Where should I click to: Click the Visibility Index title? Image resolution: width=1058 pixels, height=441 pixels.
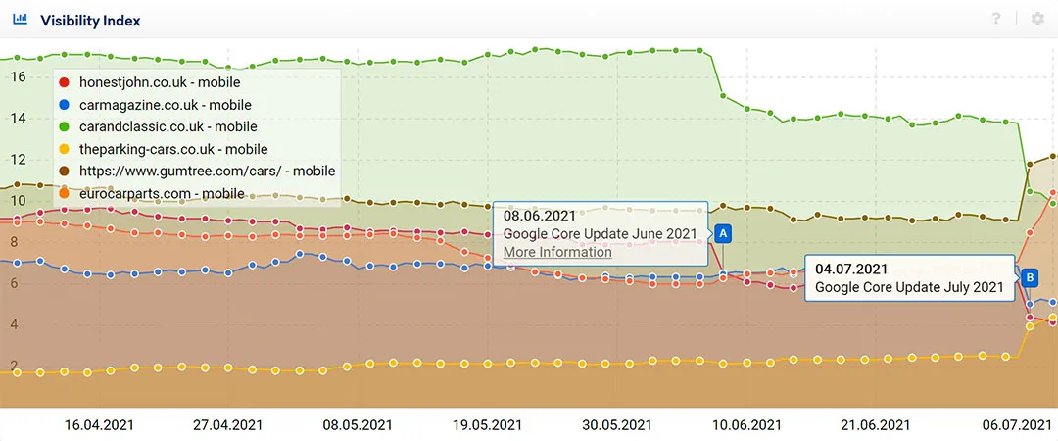coord(90,20)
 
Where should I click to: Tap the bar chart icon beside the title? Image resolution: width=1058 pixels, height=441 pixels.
coord(21,20)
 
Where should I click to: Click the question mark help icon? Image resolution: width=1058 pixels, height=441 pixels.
coord(996,20)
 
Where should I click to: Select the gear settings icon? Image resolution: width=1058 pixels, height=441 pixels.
coord(1037,20)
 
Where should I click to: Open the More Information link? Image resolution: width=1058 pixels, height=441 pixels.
coord(557,252)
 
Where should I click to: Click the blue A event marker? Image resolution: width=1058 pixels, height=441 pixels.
coord(723,233)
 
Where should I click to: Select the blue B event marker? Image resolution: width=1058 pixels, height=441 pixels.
coord(1030,277)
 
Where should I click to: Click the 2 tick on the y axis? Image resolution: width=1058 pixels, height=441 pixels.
coord(13,366)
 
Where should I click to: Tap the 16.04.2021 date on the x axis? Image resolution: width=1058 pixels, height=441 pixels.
coord(99,425)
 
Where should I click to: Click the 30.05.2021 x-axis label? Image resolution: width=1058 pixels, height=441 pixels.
coord(616,425)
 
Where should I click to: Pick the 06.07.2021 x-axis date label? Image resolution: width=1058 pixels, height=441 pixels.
coord(1018,425)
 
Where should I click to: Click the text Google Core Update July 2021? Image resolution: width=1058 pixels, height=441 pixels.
coord(909,287)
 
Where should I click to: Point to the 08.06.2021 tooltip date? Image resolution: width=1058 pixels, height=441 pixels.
coord(541,215)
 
